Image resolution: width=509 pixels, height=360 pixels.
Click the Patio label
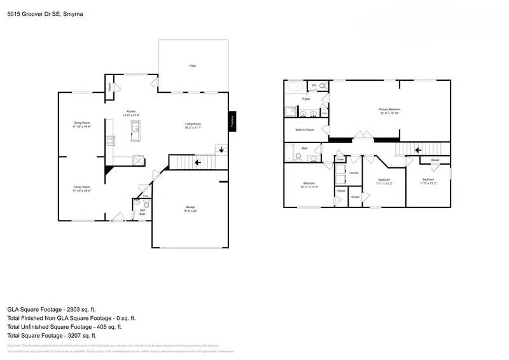click(x=192, y=66)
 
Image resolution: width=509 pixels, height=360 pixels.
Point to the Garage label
click(x=190, y=207)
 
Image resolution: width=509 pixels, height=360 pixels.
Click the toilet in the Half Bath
click(x=146, y=205)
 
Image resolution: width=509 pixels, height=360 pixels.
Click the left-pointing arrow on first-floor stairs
click(x=198, y=162)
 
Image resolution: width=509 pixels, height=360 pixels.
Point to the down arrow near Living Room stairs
click(x=221, y=151)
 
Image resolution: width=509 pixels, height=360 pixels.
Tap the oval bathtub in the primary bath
click(x=295, y=87)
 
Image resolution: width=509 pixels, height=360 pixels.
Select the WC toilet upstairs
click(x=323, y=85)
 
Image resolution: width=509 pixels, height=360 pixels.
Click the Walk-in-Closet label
click(x=304, y=130)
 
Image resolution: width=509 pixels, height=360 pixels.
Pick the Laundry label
click(x=354, y=172)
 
